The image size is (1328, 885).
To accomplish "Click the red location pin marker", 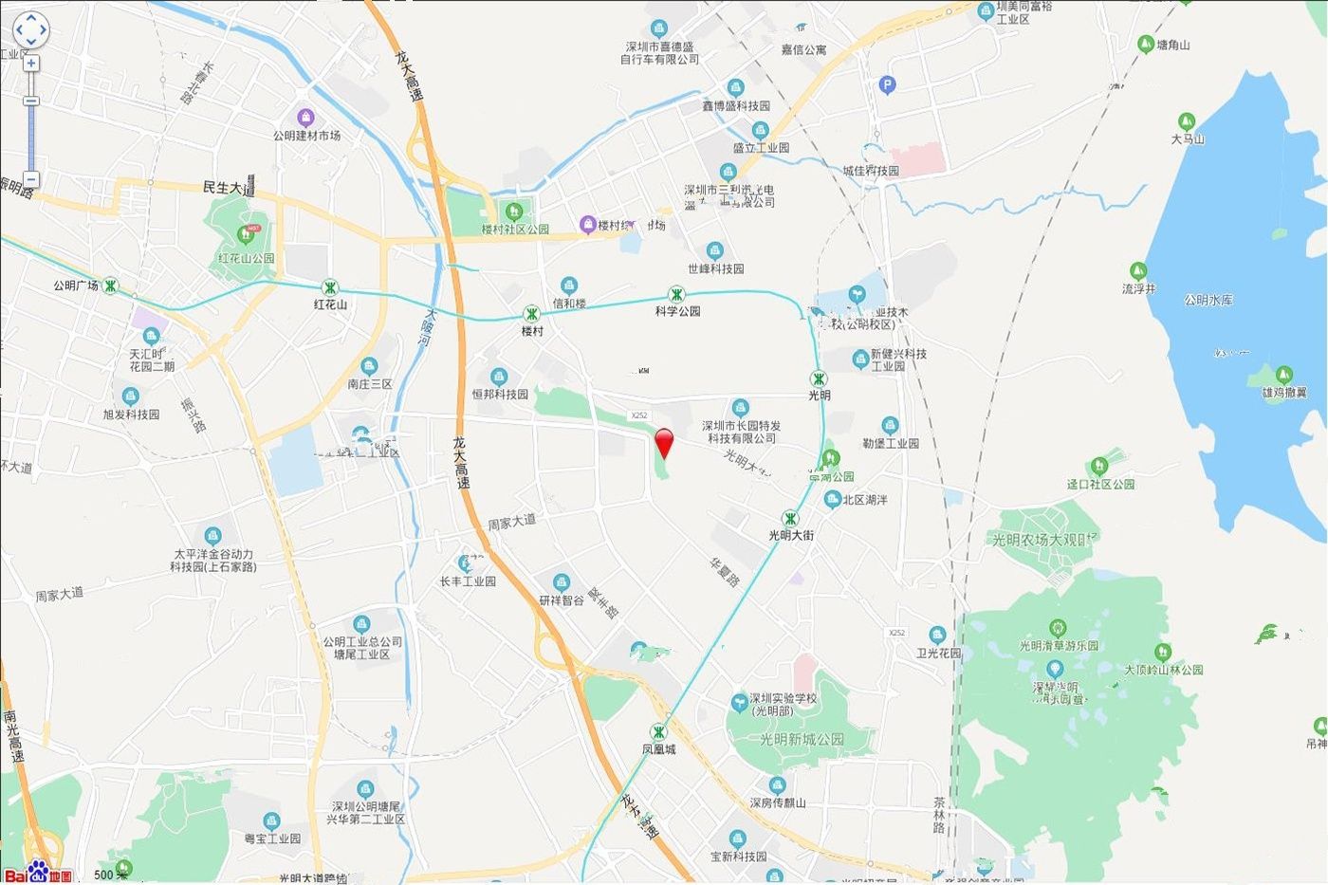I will pyautogui.click(x=665, y=442).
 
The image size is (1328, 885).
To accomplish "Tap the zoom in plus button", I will pyautogui.click(x=31, y=64).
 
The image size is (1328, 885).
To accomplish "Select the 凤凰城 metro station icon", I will pyautogui.click(x=658, y=731).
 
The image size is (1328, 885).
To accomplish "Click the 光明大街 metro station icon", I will pyautogui.click(x=790, y=518).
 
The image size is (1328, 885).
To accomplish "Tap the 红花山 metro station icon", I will pyautogui.click(x=330, y=287).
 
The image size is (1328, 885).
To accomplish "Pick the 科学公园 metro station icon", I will pyautogui.click(x=676, y=294).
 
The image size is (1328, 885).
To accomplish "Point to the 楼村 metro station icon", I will pyautogui.click(x=531, y=314).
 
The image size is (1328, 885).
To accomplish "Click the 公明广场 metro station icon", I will pyautogui.click(x=112, y=285).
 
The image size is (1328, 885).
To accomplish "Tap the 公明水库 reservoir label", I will pyautogui.click(x=1208, y=300).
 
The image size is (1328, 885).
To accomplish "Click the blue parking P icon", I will pyautogui.click(x=888, y=85).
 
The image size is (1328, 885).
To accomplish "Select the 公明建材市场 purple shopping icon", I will pyautogui.click(x=305, y=118).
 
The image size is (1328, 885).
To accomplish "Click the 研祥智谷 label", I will pyautogui.click(x=562, y=599).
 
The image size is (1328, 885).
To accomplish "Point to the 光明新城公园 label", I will pyautogui.click(x=802, y=739).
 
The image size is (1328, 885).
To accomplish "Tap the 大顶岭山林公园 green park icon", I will pyautogui.click(x=1163, y=652).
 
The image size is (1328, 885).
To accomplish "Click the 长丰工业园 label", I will pyautogui.click(x=468, y=581).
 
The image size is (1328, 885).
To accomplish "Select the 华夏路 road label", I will pyautogui.click(x=725, y=571).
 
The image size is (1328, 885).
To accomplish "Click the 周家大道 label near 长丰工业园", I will pyautogui.click(x=512, y=522).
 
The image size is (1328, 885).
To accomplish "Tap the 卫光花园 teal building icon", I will pyautogui.click(x=938, y=635).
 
